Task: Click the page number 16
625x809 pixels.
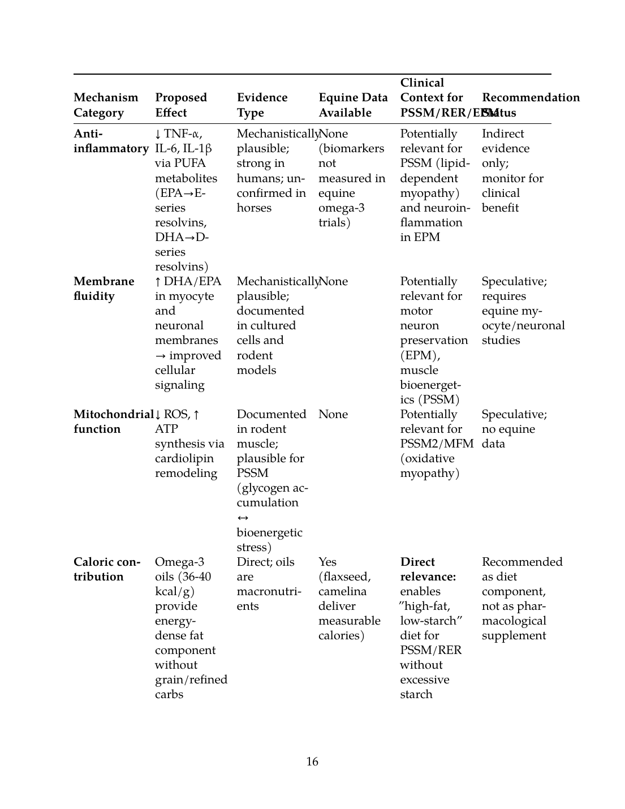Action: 312,761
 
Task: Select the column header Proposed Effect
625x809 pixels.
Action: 180,105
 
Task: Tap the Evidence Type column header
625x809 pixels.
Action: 262,105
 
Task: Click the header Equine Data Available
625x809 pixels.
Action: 353,105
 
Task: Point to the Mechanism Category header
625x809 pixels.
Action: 106,105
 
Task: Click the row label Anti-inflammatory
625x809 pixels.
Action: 111,141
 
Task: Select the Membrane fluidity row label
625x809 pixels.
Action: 104,289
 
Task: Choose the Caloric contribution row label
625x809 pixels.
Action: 107,569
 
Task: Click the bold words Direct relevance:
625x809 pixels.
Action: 428,569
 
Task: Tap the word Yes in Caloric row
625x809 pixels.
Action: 327,562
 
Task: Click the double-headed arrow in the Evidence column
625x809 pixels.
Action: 243,518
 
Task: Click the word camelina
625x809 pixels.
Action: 342,591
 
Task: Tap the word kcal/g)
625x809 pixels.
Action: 175,591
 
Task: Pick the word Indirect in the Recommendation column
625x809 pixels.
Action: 503,134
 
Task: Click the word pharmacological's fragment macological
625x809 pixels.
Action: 514,621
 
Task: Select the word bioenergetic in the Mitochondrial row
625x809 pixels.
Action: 269,532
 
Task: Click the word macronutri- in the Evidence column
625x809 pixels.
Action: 269,591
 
